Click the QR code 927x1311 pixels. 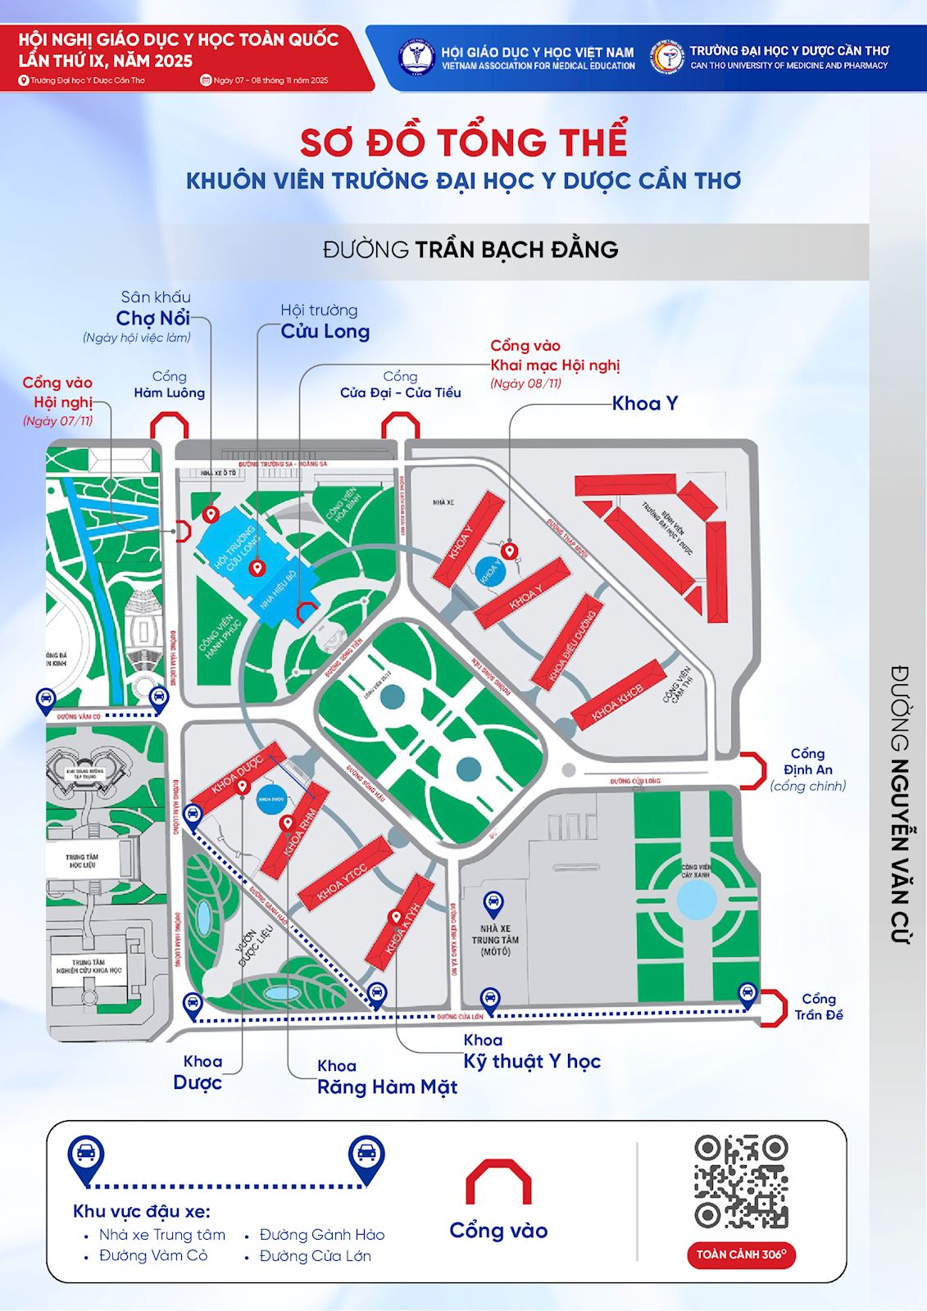click(x=741, y=1181)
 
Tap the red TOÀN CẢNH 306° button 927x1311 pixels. click(x=741, y=1254)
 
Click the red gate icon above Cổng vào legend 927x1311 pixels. click(x=498, y=1182)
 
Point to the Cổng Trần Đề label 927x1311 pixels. click(x=818, y=1007)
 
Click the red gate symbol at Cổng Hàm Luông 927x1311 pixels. click(x=170, y=425)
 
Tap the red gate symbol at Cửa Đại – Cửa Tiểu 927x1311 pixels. click(x=401, y=425)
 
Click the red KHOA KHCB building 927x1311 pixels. click(x=618, y=694)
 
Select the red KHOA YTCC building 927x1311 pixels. click(x=343, y=872)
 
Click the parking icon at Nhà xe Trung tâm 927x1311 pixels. click(x=493, y=905)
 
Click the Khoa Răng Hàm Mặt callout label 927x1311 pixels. click(x=387, y=1077)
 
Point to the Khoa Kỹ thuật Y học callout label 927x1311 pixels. click(x=532, y=1052)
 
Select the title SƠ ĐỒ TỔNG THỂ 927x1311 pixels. click(x=463, y=142)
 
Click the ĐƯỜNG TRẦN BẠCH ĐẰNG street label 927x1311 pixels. click(x=470, y=249)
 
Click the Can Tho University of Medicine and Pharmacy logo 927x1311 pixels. click(x=668, y=57)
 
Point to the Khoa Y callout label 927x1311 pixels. click(x=645, y=403)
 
